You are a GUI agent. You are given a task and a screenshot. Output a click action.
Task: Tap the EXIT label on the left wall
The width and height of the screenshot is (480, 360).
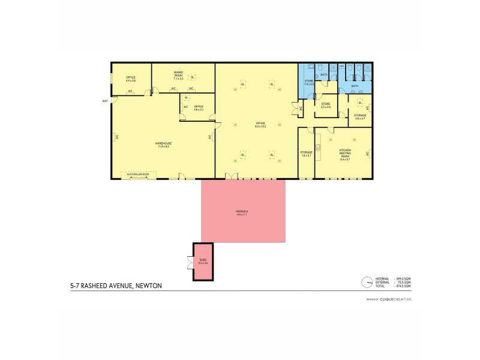click(x=105, y=101)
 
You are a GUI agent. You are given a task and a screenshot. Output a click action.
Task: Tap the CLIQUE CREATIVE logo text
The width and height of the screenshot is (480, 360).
click(x=395, y=299)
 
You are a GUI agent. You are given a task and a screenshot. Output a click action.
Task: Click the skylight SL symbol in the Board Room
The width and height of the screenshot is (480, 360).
click(x=192, y=77)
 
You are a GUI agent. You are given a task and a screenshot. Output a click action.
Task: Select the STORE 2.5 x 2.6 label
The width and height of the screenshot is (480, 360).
click(x=326, y=106)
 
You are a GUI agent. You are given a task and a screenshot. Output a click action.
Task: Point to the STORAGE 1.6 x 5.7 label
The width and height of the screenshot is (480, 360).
click(x=306, y=154)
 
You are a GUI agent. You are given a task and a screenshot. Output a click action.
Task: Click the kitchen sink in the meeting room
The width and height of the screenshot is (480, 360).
click(x=319, y=143)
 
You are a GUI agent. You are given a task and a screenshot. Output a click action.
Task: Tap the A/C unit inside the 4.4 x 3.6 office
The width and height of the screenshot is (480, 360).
click(x=130, y=91)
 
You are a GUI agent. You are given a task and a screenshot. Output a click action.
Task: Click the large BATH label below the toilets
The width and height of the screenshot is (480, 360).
click(x=355, y=86)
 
